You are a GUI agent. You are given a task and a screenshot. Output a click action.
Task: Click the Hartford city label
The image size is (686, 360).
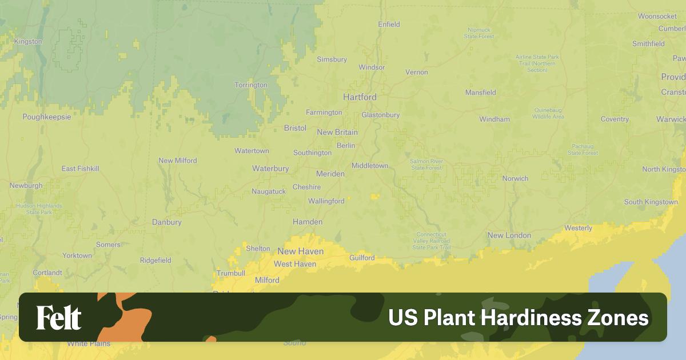tap(360, 97)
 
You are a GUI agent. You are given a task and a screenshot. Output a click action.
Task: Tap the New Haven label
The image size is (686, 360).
tap(300, 251)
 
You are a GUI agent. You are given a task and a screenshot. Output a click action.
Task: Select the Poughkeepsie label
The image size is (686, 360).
tap(47, 117)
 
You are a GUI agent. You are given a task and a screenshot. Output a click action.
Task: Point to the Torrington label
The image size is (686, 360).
tap(250, 85)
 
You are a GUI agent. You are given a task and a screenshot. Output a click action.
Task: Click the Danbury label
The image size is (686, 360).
tap(167, 222)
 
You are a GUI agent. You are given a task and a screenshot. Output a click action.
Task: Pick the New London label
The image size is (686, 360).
tap(509, 235)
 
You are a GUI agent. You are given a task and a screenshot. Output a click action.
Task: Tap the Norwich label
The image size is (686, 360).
tap(515, 179)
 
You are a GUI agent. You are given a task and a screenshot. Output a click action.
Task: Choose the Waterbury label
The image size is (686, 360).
tap(270, 169)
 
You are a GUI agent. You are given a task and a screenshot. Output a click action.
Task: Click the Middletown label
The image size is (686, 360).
tap(369, 166)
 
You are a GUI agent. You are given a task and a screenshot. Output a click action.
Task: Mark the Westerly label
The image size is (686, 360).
tap(578, 228)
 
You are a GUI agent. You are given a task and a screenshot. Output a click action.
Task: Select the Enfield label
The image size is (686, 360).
tap(389, 25)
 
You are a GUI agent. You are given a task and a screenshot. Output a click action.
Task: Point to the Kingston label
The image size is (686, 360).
tap(28, 42)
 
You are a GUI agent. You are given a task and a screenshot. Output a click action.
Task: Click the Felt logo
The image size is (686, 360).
tap(59, 318)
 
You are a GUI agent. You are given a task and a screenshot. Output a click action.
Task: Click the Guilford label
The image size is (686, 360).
tap(362, 258)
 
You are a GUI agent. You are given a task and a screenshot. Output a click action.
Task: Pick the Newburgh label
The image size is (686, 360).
tap(26, 186)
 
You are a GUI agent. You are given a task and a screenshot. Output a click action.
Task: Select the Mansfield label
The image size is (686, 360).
tap(480, 93)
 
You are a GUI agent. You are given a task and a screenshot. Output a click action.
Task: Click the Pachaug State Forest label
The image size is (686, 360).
tap(583, 150)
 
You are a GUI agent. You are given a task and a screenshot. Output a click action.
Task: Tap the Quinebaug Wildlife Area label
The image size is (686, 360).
tap(548, 113)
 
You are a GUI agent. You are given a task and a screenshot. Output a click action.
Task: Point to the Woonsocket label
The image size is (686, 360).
tap(657, 17)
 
